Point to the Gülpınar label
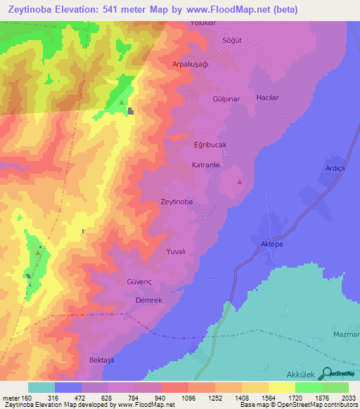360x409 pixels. pyautogui.click(x=226, y=99)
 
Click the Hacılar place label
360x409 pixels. pyautogui.click(x=268, y=98)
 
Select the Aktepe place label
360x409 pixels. pyautogui.click(x=271, y=243)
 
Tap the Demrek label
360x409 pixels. pyautogui.click(x=149, y=299)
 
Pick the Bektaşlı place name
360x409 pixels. pyautogui.click(x=103, y=360)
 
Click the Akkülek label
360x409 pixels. pyautogui.click(x=302, y=375)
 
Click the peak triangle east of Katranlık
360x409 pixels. pyautogui.click(x=240, y=182)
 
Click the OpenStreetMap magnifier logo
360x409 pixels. pyautogui.click(x=326, y=373)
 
